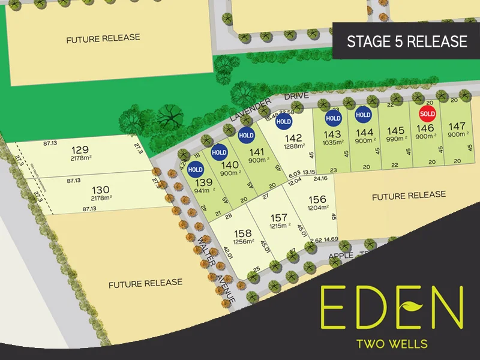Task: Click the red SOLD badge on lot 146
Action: (427, 113)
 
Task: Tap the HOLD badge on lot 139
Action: (196, 170)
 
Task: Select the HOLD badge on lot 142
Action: (283, 122)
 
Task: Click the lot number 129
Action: (80, 149)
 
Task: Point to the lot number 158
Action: (243, 233)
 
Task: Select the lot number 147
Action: (457, 126)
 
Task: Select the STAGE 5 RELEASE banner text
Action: (407, 41)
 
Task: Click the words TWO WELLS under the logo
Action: (392, 344)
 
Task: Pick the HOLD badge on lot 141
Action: (246, 136)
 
